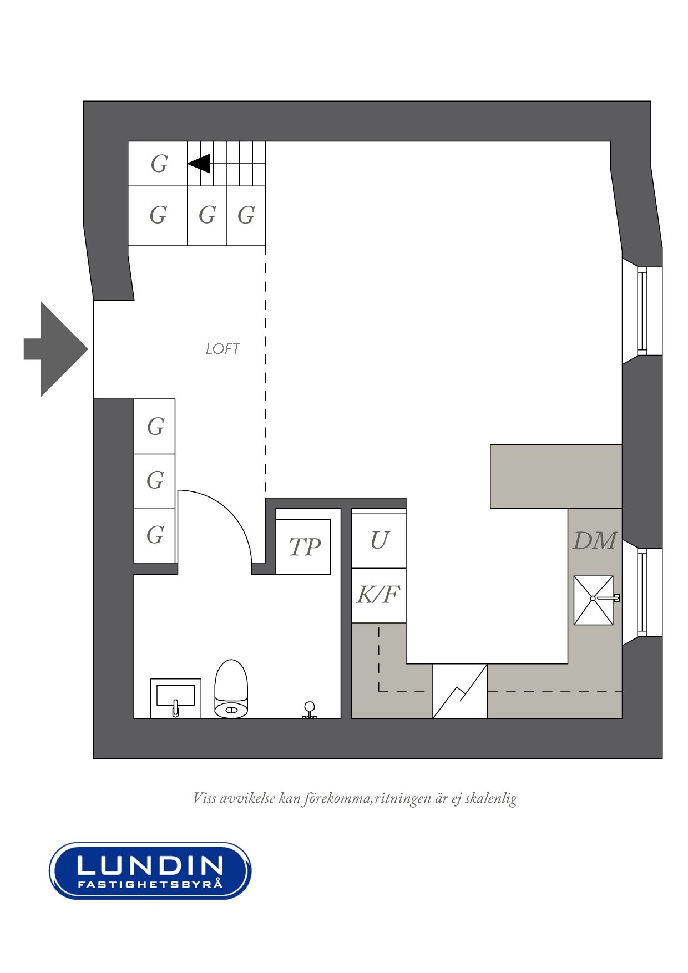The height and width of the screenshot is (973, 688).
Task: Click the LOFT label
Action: point(222,349)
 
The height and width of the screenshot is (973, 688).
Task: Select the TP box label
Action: point(304,547)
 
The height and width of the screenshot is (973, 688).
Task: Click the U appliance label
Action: point(379,540)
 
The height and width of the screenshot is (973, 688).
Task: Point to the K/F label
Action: point(378,595)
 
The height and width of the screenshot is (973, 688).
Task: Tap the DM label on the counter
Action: point(594,541)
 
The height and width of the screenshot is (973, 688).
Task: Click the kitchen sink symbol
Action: point(594,600)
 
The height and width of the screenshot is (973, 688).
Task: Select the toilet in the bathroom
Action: point(231,689)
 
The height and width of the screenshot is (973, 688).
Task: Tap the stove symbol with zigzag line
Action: point(460,691)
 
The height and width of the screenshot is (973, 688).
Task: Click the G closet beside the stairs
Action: point(159,164)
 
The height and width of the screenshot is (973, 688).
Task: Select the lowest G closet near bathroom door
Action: point(155,535)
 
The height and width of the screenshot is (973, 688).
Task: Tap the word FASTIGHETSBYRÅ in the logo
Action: point(150,884)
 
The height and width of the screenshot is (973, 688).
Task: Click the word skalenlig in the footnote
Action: point(490,798)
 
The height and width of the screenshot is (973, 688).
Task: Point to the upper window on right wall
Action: point(642,311)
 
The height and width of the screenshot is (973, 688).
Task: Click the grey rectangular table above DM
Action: point(555,476)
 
